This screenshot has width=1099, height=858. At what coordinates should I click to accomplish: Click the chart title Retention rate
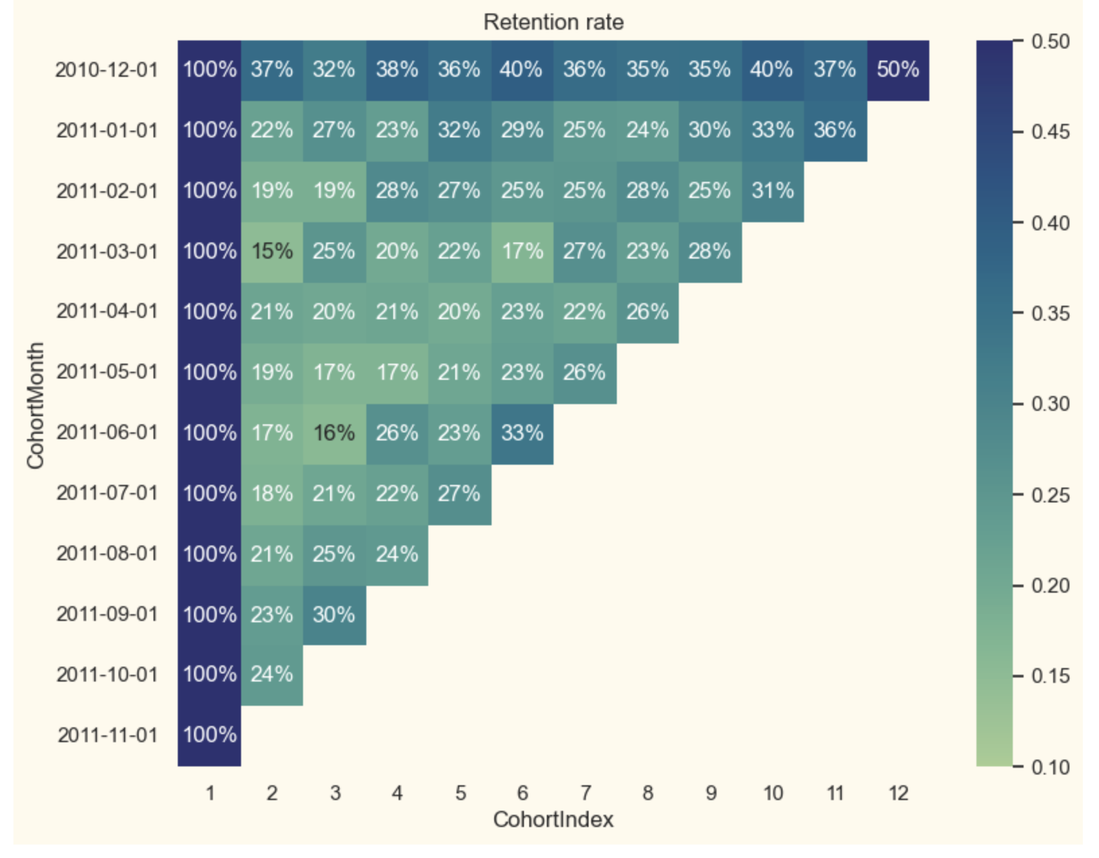[553, 22]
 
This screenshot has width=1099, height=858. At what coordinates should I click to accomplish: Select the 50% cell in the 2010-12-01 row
[898, 69]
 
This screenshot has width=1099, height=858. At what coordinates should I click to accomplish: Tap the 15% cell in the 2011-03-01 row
[272, 251]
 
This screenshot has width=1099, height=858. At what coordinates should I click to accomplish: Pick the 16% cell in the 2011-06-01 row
[334, 432]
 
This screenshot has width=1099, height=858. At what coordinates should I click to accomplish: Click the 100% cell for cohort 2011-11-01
[209, 734]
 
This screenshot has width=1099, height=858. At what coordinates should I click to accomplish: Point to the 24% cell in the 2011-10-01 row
[272, 674]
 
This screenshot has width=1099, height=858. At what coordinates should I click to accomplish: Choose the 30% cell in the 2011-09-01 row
[334, 614]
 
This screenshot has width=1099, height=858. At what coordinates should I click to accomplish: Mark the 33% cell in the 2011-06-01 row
[522, 432]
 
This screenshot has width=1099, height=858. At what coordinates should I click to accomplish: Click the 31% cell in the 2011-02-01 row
[772, 191]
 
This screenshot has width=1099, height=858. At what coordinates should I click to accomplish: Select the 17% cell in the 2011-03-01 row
[522, 251]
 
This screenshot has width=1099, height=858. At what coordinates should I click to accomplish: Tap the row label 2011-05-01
[107, 372]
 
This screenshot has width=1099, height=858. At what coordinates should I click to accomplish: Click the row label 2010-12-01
[106, 69]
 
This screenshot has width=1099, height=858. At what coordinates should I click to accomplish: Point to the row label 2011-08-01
[107, 554]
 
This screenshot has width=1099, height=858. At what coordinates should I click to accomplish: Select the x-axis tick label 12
[898, 793]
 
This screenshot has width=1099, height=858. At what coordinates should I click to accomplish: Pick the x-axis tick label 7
[585, 793]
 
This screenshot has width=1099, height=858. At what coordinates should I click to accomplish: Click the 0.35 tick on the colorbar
[1051, 314]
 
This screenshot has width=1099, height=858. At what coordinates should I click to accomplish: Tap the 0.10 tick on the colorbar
[1051, 766]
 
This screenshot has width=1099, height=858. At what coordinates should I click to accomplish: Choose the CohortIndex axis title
[553, 820]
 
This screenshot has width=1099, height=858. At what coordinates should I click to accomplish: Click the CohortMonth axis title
[35, 405]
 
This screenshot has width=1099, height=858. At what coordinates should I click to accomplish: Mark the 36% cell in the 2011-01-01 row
[835, 130]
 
